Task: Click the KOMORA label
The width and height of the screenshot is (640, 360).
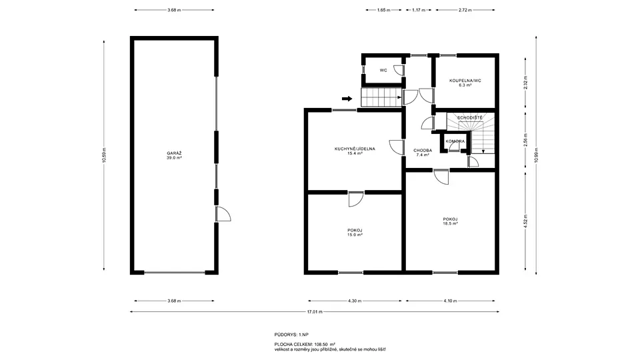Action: pyautogui.click(x=455, y=141)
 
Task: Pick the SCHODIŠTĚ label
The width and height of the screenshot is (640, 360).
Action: pyautogui.click(x=470, y=117)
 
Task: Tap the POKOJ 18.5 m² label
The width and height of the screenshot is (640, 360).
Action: pyautogui.click(x=450, y=221)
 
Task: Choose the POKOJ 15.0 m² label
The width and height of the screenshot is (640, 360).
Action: pyautogui.click(x=355, y=233)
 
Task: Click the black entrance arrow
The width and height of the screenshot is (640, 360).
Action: pyautogui.click(x=347, y=99)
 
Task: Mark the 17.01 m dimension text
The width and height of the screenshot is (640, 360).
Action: pyautogui.click(x=315, y=312)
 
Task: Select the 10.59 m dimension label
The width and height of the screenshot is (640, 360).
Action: pyautogui.click(x=104, y=155)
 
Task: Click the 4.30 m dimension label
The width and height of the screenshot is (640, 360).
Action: pyautogui.click(x=355, y=301)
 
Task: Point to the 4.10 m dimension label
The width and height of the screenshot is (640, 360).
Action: pyautogui.click(x=450, y=301)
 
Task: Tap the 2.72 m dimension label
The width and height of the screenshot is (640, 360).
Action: pyautogui.click(x=465, y=10)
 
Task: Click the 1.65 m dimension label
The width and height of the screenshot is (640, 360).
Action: pyautogui.click(x=383, y=10)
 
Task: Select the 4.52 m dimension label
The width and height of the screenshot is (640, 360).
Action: pyautogui.click(x=526, y=221)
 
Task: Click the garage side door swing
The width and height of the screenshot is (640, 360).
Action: pyautogui.click(x=224, y=214)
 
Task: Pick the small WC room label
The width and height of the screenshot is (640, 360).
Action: pyautogui.click(x=383, y=70)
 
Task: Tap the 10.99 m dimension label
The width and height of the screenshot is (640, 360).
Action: pyautogui.click(x=536, y=155)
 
